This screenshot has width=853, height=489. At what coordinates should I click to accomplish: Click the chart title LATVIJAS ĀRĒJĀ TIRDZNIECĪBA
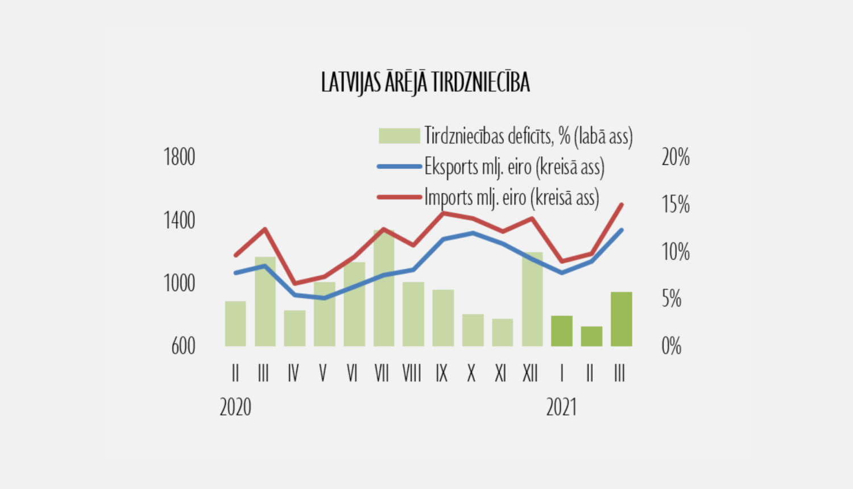tap(425, 82)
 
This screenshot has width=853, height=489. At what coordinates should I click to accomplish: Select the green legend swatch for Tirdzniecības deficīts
tap(399, 136)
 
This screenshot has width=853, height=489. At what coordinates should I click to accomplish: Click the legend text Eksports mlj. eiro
tap(514, 167)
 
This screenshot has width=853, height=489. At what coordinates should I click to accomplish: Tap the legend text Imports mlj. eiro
tap(511, 197)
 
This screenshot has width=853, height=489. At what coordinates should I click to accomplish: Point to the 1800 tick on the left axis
tap(179, 157)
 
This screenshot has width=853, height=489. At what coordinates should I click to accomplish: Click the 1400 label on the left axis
tap(179, 220)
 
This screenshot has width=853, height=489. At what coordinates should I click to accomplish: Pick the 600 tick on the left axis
tap(183, 346)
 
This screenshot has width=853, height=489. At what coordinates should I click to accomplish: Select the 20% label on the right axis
tap(676, 157)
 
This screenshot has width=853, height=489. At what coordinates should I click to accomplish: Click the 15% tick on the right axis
tap(676, 204)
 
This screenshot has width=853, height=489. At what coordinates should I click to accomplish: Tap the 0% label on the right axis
tap(672, 346)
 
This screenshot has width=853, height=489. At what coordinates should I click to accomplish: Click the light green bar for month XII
tap(532, 300)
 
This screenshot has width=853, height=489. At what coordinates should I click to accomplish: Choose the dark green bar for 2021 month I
tap(562, 331)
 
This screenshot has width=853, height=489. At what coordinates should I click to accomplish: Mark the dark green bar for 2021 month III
tap(622, 319)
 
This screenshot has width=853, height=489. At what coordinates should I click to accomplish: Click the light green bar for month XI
tap(503, 333)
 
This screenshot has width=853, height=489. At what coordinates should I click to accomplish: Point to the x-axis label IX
tap(441, 374)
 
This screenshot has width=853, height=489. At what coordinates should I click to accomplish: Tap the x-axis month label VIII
tap(412, 374)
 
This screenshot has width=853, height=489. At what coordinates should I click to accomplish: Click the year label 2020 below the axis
tap(235, 407)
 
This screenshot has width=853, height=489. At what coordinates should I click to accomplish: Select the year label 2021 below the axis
tap(562, 407)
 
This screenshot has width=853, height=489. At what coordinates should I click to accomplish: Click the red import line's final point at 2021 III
tap(622, 205)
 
